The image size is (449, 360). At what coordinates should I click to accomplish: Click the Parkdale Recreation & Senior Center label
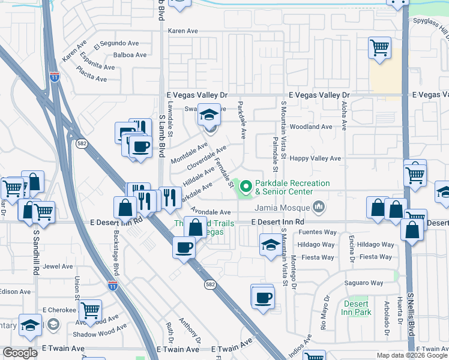292,187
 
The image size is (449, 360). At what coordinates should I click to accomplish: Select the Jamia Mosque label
284,208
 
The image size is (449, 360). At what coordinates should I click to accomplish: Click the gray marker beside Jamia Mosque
319,208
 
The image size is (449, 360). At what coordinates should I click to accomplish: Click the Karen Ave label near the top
182,31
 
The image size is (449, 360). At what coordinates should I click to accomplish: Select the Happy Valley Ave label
315,158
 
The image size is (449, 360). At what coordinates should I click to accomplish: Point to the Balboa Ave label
130,55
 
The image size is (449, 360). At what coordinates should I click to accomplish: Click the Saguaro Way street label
363,283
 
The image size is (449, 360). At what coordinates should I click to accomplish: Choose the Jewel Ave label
58,266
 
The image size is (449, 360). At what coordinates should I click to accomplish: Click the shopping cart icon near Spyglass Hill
379,47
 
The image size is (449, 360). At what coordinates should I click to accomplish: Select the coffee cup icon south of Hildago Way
262,297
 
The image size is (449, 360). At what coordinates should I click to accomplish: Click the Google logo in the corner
20,353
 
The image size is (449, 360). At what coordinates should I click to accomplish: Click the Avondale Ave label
210,212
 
